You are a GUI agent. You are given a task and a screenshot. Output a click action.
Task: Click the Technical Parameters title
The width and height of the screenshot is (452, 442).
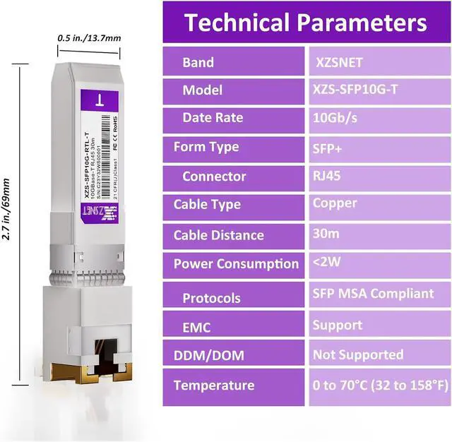tap(305, 23)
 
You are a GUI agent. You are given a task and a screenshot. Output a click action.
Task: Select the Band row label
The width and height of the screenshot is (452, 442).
tap(198, 62)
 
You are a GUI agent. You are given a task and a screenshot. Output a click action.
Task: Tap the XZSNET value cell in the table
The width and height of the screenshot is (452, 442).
tap(338, 62)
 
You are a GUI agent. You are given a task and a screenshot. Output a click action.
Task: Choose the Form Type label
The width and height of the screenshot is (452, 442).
tap(206, 147)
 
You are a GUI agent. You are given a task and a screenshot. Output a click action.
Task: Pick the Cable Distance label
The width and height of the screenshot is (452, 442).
tap(218, 235)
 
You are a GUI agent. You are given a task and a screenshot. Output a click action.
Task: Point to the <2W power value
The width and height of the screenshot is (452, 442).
tap(327, 263)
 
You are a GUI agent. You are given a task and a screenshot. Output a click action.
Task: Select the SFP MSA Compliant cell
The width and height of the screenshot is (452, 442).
tap(373, 293)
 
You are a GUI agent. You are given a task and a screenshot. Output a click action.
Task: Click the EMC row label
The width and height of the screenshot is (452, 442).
tap(196, 328)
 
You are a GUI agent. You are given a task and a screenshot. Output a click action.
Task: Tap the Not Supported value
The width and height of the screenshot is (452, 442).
tap(358, 354)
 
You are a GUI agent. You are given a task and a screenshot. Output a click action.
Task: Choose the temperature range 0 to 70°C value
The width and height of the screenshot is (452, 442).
tap(380, 385)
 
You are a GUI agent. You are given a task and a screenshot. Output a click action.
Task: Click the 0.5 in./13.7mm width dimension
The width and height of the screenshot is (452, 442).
tap(89, 37)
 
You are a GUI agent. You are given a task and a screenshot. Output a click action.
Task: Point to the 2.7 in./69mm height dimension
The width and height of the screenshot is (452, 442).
tap(7, 218)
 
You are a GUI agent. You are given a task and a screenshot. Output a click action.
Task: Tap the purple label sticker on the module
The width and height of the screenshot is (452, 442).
tap(99, 159)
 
